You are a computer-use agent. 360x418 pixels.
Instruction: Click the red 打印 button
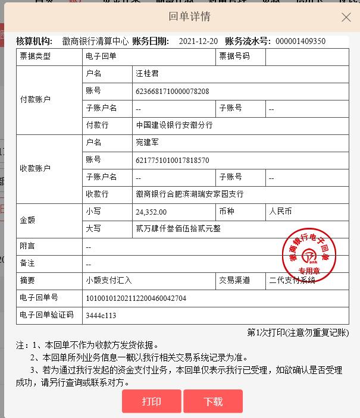(x=151, y=401)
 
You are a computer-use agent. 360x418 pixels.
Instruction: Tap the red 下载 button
(x=212, y=401)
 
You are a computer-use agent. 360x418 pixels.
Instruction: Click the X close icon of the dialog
(x=346, y=17)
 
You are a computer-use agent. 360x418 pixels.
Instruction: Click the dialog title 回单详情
(x=190, y=17)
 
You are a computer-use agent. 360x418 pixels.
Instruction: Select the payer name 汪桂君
(x=148, y=74)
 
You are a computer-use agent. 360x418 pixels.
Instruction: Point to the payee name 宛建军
(x=148, y=143)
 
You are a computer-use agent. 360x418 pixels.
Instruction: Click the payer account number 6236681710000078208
(x=172, y=91)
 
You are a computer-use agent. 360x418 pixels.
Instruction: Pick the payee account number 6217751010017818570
(x=172, y=160)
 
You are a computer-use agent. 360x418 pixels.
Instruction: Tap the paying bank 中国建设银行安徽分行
(x=174, y=125)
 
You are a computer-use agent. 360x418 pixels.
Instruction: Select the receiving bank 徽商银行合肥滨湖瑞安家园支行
(x=189, y=194)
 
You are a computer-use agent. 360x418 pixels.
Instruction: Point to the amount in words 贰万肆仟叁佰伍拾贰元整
(x=178, y=229)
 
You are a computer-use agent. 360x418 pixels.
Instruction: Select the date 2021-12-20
(x=198, y=41)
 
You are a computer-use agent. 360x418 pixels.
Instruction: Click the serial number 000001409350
(x=300, y=41)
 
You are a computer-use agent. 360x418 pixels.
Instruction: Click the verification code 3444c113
(x=101, y=315)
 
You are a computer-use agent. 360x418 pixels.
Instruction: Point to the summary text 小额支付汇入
(x=109, y=281)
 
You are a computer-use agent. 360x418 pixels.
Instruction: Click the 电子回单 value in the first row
(x=101, y=56)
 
